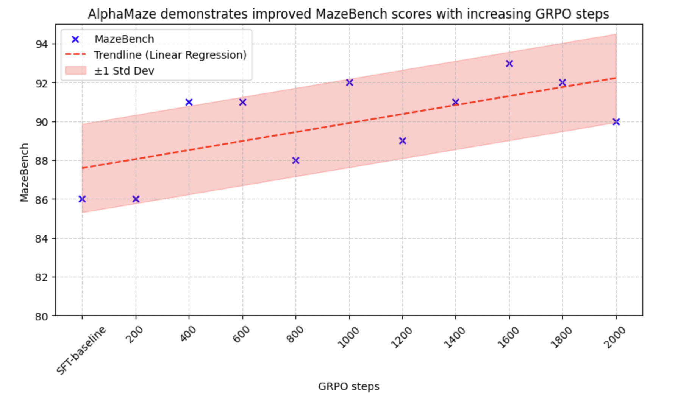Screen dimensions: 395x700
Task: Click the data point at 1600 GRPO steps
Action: pyautogui.click(x=509, y=64)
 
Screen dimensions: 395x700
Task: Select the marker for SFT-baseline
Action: pyautogui.click(x=82, y=199)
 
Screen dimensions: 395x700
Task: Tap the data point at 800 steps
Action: pyautogui.click(x=296, y=160)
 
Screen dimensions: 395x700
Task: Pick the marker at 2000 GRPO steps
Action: pyautogui.click(x=616, y=122)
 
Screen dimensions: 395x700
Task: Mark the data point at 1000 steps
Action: pyautogui.click(x=350, y=82)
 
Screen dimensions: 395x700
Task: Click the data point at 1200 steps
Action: pyautogui.click(x=403, y=141)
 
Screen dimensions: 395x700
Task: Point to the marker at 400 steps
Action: pyautogui.click(x=189, y=102)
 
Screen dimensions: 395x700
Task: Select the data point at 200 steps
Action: pyautogui.click(x=136, y=199)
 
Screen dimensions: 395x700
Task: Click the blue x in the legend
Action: pyautogui.click(x=75, y=39)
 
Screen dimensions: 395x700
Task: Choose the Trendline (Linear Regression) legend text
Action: pyautogui.click(x=170, y=55)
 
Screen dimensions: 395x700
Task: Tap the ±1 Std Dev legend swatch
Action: pyautogui.click(x=75, y=71)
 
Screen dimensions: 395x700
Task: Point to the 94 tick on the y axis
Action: pyautogui.click(x=42, y=44)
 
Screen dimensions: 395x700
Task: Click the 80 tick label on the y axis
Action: pyautogui.click(x=42, y=316)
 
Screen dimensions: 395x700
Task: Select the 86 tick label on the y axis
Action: pyautogui.click(x=42, y=200)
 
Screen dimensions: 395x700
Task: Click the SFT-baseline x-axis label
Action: pyautogui.click(x=81, y=351)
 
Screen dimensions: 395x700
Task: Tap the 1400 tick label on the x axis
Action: pyautogui.click(x=454, y=337)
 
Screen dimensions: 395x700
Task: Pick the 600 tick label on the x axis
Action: pyautogui.click(x=241, y=334)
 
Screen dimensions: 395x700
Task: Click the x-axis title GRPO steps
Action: pyautogui.click(x=348, y=386)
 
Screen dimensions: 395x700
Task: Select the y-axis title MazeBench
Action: pyautogui.click(x=24, y=173)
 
